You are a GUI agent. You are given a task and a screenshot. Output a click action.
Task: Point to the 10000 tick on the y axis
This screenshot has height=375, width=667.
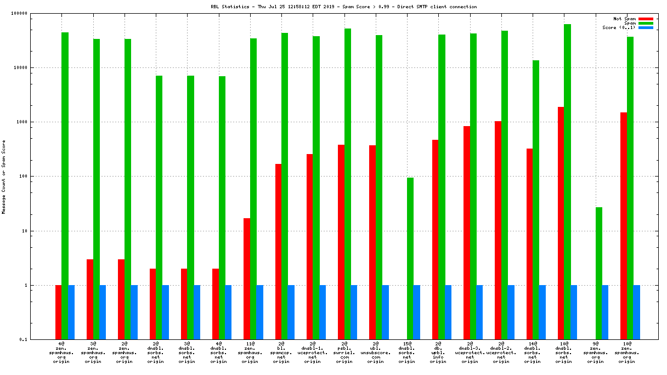point(36,68)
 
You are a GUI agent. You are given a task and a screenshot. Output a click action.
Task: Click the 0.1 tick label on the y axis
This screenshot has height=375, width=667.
point(38,340)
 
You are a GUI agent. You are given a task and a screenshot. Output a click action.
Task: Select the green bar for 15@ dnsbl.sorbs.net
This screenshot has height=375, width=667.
point(410,258)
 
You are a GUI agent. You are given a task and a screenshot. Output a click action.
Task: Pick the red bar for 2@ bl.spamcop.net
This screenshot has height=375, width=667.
point(279,252)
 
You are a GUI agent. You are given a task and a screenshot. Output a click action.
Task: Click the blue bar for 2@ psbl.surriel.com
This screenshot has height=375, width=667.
point(354,312)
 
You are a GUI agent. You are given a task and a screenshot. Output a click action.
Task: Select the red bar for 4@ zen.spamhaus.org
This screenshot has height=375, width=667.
point(58,312)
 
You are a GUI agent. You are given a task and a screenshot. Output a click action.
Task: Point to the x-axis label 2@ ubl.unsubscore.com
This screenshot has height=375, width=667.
point(375,353)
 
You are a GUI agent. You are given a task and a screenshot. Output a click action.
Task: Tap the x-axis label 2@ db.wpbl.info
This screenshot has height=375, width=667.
point(438,353)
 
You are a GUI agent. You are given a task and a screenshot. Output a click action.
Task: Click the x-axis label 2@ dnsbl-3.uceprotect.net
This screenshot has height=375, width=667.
point(470,353)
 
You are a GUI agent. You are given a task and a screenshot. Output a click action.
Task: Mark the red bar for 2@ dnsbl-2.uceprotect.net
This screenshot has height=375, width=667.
point(498,230)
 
